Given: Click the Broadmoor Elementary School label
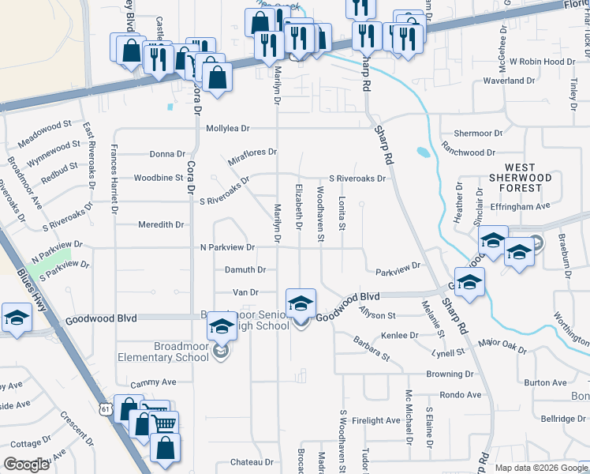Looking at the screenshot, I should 169,351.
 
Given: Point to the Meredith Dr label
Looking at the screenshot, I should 160,224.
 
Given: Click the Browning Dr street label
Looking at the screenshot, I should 450,374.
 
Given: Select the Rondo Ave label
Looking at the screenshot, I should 460,394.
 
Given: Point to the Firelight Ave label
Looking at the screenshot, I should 377,421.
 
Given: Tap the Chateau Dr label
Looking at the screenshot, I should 251,461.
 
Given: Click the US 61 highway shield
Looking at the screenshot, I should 105,408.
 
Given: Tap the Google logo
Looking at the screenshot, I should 26,465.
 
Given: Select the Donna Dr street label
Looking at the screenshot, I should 167,154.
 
